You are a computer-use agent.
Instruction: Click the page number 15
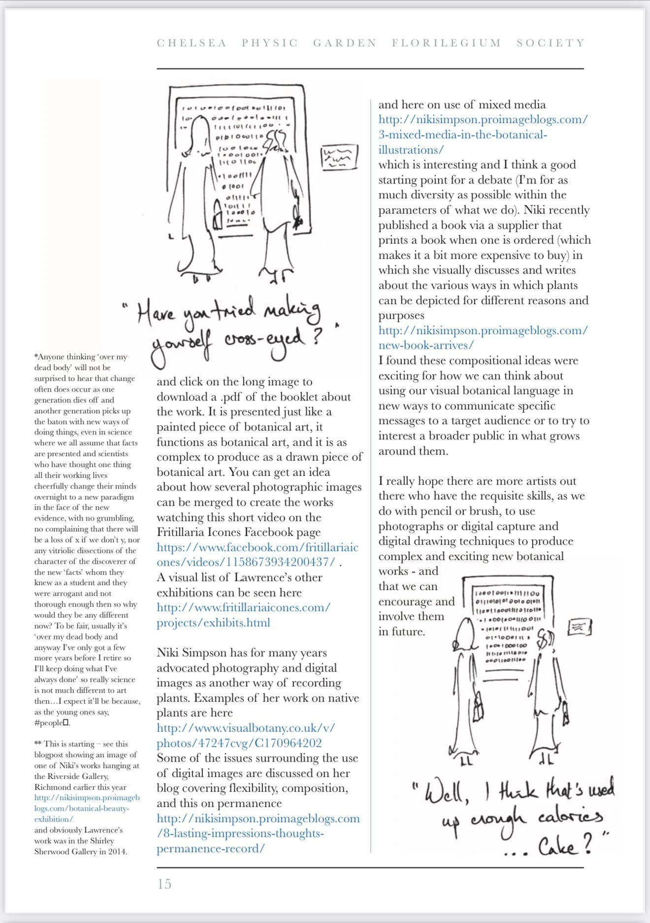pyautogui.click(x=164, y=884)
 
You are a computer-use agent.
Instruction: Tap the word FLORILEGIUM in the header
pyautogui.click(x=446, y=43)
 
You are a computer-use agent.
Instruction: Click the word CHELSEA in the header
pyautogui.click(x=192, y=43)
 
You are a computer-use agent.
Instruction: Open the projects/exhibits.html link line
pyautogui.click(x=213, y=623)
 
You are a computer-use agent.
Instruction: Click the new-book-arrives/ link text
pyautogui.click(x=426, y=345)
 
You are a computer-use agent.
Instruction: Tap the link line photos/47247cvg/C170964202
pyautogui.click(x=239, y=743)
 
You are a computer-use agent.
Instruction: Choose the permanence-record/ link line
pyautogui.click(x=210, y=849)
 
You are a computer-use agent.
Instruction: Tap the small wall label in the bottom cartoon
pyautogui.click(x=579, y=627)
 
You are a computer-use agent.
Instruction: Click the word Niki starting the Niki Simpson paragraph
pyautogui.click(x=168, y=653)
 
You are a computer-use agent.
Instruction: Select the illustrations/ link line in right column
pyautogui.click(x=411, y=150)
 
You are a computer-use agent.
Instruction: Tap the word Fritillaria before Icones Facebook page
pyautogui.click(x=185, y=532)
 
